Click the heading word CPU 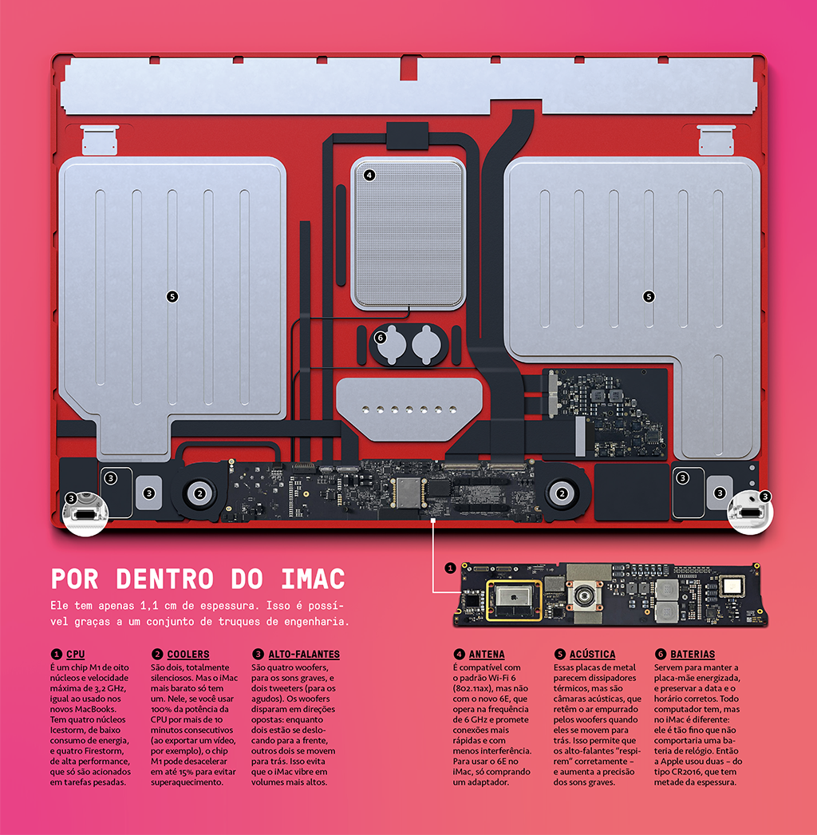(x=76, y=654)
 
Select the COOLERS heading (x=187, y=654)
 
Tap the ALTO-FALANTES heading (x=303, y=654)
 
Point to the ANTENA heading (x=487, y=654)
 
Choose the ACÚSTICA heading (x=592, y=654)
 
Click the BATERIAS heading (x=693, y=654)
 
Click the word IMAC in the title (x=313, y=579)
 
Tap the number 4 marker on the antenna (x=369, y=175)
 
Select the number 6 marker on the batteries (x=380, y=338)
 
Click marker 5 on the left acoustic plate (x=172, y=297)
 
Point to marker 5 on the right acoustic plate (x=649, y=297)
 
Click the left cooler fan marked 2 (x=199, y=493)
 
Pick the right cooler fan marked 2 (x=562, y=493)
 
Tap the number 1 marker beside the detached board (x=450, y=568)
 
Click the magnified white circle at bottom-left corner (x=85, y=513)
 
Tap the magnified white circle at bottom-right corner (x=751, y=512)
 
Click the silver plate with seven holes (x=409, y=409)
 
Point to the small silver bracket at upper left (x=100, y=140)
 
